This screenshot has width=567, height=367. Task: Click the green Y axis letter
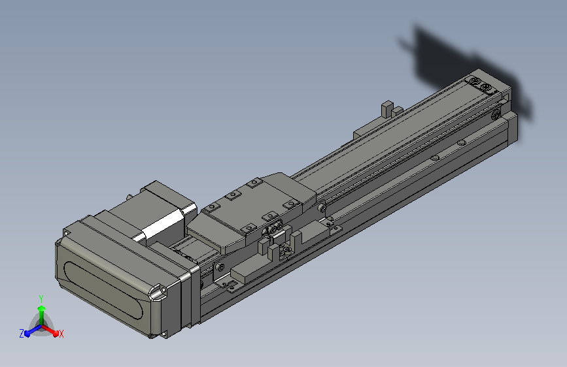41,299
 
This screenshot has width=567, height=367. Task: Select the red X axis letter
61,334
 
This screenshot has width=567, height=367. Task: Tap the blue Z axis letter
22,334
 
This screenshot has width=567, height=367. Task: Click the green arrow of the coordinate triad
42,315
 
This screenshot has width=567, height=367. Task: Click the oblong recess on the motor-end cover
103,291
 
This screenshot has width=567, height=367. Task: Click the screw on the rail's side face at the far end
496,115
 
